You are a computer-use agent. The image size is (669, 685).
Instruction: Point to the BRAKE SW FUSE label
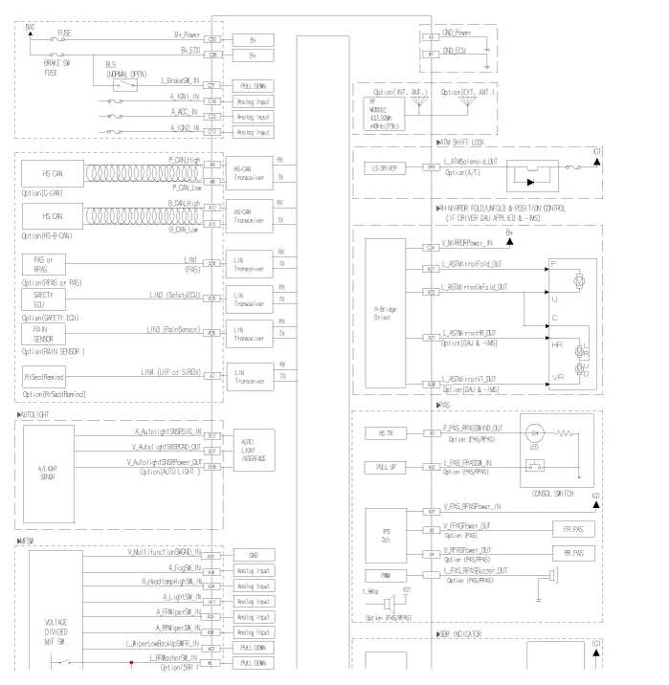point(59,67)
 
